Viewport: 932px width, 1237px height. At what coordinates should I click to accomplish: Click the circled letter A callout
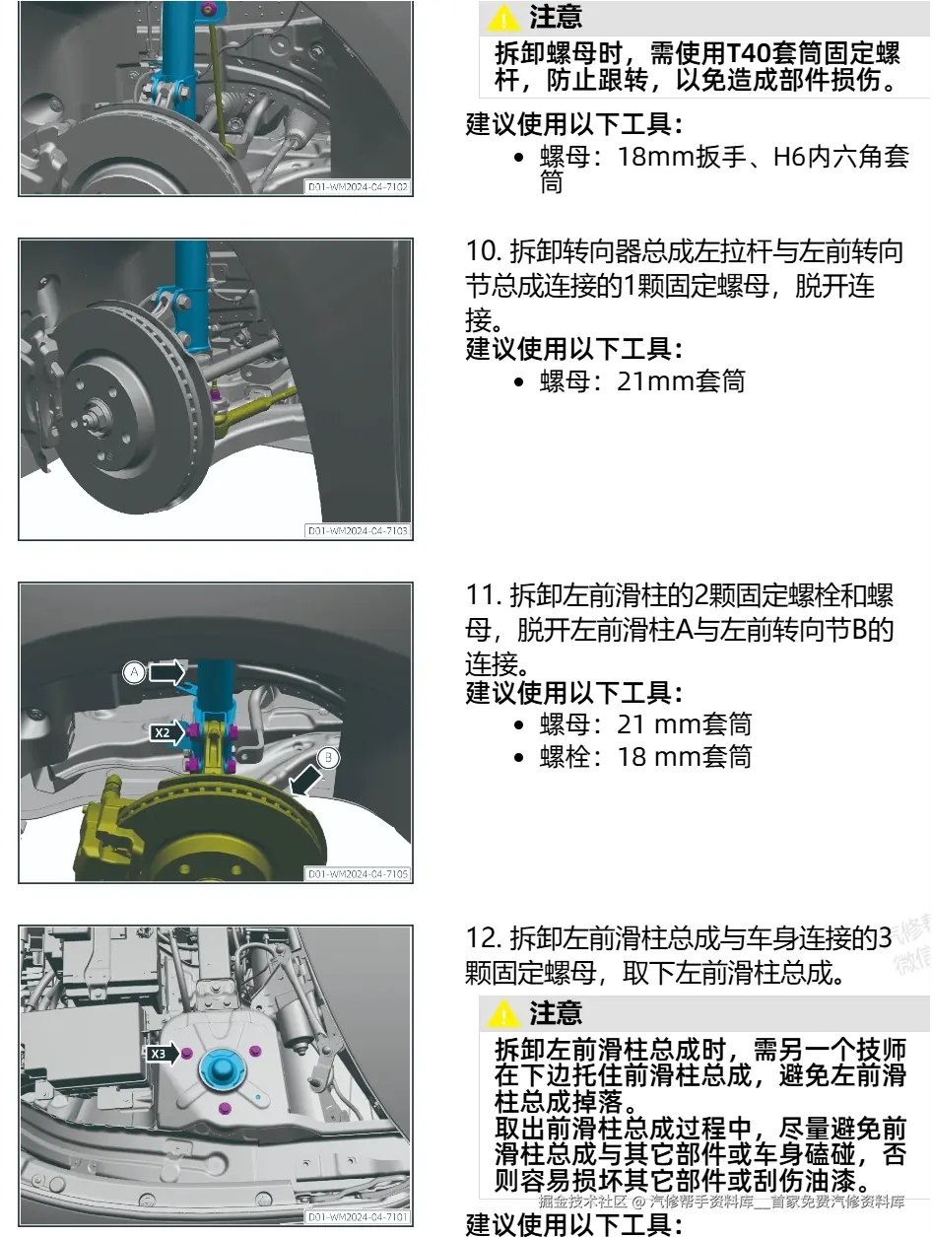point(134,671)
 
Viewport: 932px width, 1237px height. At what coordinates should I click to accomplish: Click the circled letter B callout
point(329,757)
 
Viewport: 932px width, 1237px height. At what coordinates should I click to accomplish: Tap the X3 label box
point(159,1054)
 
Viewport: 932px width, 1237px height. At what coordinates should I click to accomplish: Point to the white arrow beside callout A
point(166,672)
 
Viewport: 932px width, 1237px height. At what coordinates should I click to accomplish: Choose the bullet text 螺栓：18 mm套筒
point(645,756)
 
